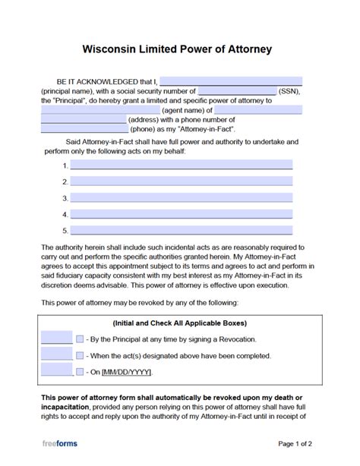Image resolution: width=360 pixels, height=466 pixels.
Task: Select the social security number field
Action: pos(236,90)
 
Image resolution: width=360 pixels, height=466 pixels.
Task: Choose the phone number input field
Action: pos(84,129)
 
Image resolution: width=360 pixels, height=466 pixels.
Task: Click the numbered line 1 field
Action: pos(181,165)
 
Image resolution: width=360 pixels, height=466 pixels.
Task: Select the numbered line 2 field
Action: pos(181,182)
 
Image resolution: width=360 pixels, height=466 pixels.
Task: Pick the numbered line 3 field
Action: pos(181,198)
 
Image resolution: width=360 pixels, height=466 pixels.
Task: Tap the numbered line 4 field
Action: pos(181,215)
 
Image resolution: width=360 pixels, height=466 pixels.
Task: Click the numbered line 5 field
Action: pos(181,231)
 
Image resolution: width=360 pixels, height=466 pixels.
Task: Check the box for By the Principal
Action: pos(80,338)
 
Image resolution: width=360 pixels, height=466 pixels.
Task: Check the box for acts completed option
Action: pos(80,355)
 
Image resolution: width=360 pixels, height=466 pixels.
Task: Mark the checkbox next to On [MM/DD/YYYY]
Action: pos(80,372)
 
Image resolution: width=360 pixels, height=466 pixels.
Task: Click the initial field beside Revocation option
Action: pos(57,338)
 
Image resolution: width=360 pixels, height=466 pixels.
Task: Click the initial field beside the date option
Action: pos(57,371)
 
